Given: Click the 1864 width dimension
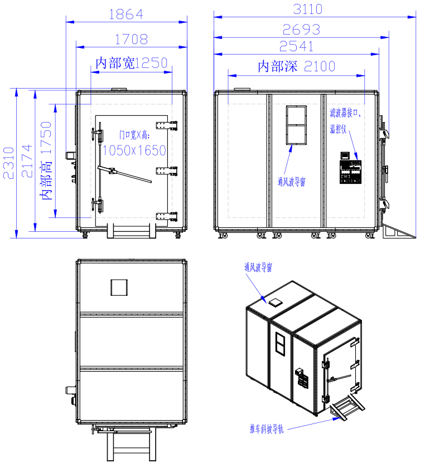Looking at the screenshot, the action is [126, 14].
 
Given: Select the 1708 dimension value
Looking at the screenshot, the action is [132, 40].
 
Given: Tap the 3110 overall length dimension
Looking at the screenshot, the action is [307, 9].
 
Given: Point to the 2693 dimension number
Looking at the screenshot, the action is [301, 30].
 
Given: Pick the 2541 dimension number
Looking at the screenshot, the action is [297, 47].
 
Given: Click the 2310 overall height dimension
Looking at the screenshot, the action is [9, 163].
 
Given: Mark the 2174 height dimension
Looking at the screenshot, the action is [27, 161].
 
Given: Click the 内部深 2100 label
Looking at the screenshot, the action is [297, 66].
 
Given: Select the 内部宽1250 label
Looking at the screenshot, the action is [132, 63].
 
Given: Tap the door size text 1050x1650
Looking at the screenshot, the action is [134, 150].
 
